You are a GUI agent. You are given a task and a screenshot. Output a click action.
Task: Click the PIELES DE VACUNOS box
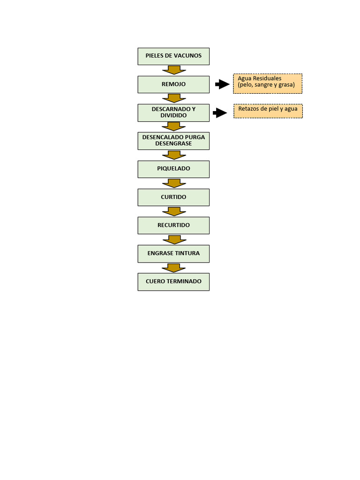click(x=173, y=56)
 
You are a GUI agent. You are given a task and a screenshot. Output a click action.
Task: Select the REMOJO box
click(x=173, y=84)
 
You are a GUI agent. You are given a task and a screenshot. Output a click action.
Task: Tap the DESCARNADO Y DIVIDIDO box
click(x=173, y=112)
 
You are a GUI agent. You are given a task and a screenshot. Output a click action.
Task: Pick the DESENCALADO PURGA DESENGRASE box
click(x=173, y=141)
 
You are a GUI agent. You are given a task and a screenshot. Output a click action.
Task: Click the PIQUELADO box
click(x=173, y=169)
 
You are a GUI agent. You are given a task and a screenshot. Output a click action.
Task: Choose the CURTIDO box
click(x=173, y=197)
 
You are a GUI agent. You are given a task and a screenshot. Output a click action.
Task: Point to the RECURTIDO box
click(x=173, y=225)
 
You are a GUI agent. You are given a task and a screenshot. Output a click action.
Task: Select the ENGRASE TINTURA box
click(x=173, y=254)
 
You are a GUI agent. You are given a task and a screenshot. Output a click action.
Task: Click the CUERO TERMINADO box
click(x=173, y=282)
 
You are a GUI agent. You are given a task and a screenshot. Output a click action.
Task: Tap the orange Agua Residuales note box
click(x=268, y=83)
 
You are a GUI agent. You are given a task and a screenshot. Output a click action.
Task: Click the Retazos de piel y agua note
click(x=268, y=111)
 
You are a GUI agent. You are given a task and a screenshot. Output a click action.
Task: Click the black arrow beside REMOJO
click(x=222, y=84)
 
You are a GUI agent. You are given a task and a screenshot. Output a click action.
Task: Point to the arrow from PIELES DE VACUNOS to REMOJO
click(x=174, y=70)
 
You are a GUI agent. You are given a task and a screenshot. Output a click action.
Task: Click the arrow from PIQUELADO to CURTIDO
click(x=174, y=183)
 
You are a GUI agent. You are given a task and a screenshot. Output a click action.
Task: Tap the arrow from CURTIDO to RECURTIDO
click(x=174, y=211)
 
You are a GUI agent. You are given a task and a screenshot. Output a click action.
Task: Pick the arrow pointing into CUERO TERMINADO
click(x=174, y=268)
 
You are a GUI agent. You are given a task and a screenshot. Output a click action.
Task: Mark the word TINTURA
click(x=187, y=253)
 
